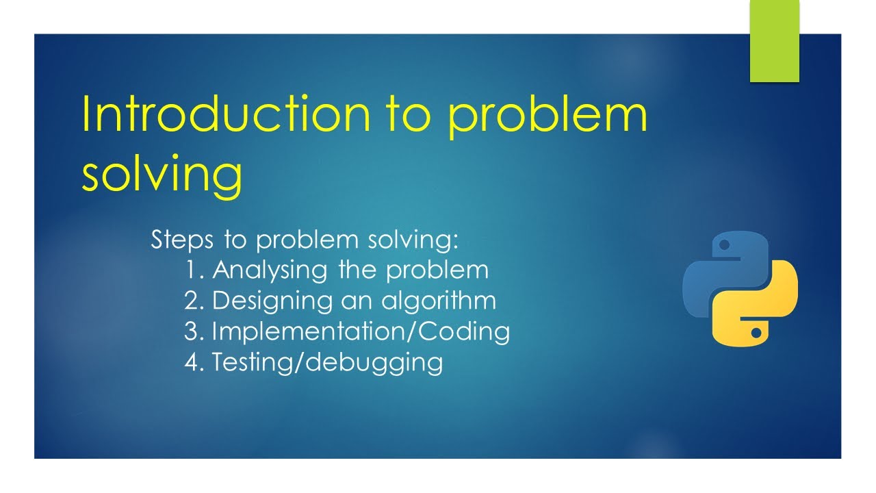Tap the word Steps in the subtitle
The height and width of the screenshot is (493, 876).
(x=181, y=240)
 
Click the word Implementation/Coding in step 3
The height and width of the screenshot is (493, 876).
(x=361, y=331)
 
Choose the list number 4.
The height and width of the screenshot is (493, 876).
(x=194, y=362)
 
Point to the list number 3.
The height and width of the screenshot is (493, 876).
(x=194, y=331)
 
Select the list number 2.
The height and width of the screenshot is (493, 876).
(x=194, y=301)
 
